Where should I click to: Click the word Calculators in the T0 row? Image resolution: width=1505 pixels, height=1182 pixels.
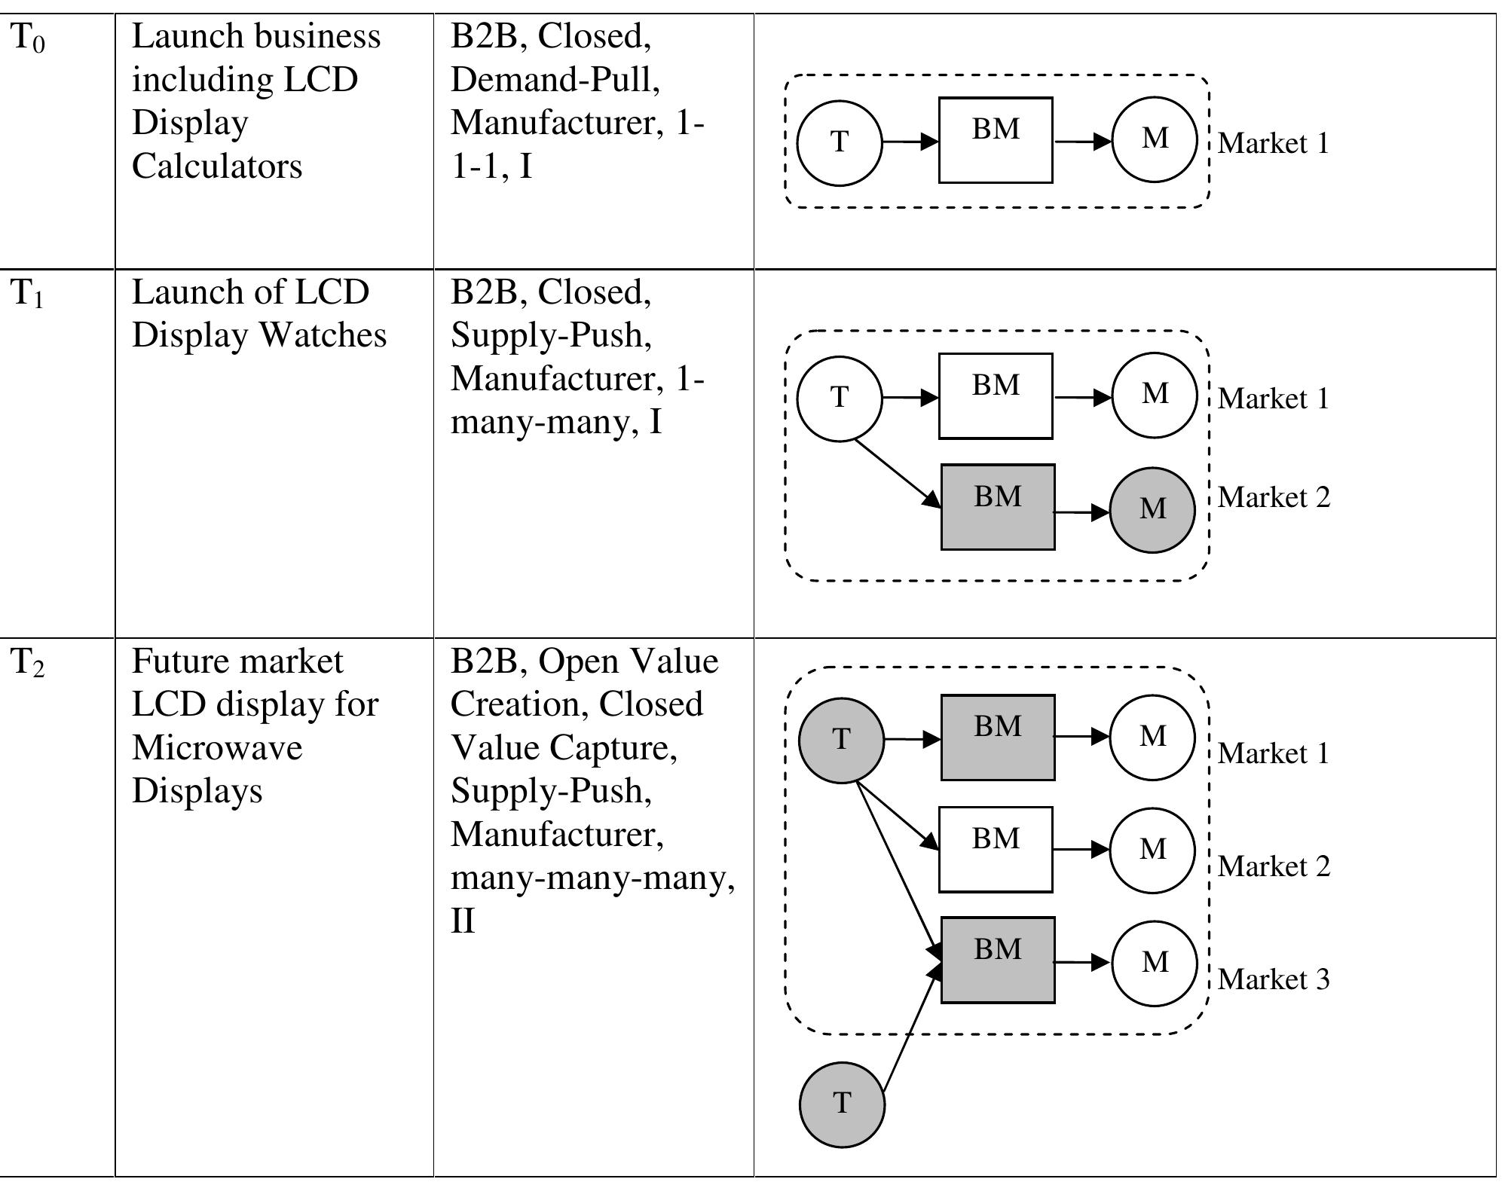pos(217,166)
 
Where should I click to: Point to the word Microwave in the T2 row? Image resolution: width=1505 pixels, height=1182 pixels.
pos(217,748)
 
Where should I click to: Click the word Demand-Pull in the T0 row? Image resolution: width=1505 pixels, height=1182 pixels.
pos(555,80)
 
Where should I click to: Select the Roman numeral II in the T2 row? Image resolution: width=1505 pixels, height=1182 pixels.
pos(463,921)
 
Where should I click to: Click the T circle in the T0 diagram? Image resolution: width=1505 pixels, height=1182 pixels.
pos(839,142)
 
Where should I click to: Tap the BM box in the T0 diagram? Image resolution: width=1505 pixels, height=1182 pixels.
pos(995,140)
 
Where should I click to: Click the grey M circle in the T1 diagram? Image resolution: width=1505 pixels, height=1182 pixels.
pos(1152,510)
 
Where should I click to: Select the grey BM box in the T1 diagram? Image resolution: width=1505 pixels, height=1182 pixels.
pos(997,507)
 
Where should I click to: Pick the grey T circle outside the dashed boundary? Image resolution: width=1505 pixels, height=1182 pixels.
pos(842,1104)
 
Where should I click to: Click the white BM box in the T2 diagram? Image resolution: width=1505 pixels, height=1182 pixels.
pos(995,850)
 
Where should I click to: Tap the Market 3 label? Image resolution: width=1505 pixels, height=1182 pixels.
pos(1273,979)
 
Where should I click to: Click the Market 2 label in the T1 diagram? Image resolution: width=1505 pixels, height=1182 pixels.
pos(1273,497)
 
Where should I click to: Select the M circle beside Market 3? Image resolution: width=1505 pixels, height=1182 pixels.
pos(1154,963)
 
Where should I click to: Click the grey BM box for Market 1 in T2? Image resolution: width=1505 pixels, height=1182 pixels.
pos(997,738)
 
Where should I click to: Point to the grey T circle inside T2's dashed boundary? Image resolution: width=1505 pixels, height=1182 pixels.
pos(841,741)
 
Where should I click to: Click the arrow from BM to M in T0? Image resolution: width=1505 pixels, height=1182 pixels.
pos(1082,141)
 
